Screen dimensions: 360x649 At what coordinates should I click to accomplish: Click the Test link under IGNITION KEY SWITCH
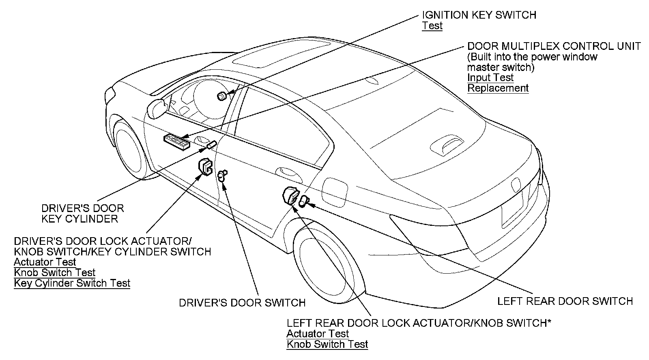[x=432, y=26]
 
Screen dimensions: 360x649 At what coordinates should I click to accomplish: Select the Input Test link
[x=490, y=77]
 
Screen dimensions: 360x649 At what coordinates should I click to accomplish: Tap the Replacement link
[x=498, y=88]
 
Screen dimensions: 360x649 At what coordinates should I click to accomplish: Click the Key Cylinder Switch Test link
[x=72, y=283]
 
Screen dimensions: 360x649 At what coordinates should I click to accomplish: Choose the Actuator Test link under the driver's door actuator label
[x=45, y=262]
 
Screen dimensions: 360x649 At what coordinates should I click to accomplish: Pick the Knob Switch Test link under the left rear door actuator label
[x=327, y=344]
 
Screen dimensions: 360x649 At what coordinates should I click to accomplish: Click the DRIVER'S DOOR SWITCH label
[x=242, y=302]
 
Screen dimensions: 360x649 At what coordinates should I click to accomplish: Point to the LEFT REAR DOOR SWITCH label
[x=565, y=301]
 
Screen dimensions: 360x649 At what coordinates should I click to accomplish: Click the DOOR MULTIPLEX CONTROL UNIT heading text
[x=554, y=46]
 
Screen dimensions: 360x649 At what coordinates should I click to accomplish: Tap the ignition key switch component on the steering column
[x=222, y=96]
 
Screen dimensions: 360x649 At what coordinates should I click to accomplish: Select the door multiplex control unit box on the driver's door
[x=176, y=141]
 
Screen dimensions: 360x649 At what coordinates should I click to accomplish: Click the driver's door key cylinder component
[x=211, y=145]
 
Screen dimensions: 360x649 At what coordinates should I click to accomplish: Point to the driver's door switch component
[x=221, y=176]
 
